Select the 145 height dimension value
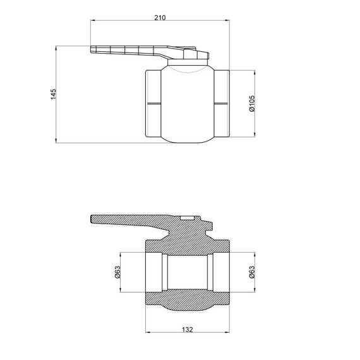pos(54,93)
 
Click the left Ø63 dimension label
pos(117,272)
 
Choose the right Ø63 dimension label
pos(251,272)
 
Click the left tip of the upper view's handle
pos(93,50)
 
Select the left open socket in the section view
pos(155,272)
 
